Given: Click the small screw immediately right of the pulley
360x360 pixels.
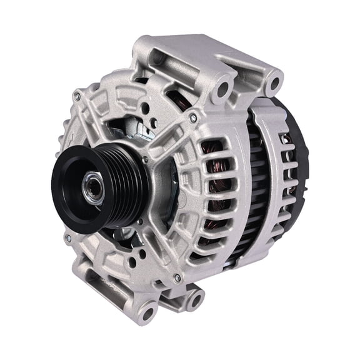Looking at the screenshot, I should click(x=146, y=160).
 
